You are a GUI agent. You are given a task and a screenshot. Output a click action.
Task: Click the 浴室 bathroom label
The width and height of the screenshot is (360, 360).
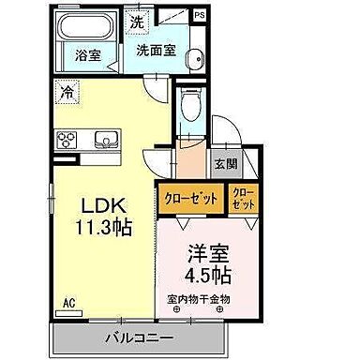point(88,55)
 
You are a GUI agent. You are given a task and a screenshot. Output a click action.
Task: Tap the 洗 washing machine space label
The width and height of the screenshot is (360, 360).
point(137,22)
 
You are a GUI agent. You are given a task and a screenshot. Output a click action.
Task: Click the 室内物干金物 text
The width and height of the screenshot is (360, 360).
point(199,299)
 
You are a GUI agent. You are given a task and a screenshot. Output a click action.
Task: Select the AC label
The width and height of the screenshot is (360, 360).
point(68,302)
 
